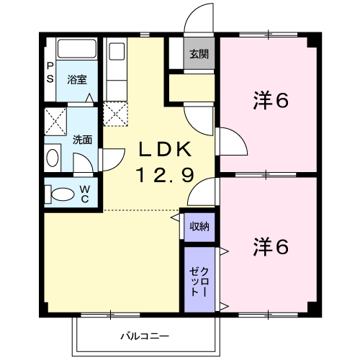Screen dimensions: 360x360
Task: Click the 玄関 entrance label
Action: click(199, 54)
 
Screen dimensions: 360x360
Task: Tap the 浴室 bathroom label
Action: click(77, 79)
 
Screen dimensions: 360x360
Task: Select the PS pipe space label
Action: click(50, 73)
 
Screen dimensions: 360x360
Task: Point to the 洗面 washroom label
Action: click(82, 140)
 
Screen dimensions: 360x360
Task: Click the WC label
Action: click(85, 194)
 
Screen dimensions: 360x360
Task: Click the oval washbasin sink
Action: click(53, 158)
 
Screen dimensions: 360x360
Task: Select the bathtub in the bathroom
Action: click(77, 49)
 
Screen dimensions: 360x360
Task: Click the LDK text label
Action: click(166, 149)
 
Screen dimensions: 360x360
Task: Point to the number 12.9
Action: click(165, 175)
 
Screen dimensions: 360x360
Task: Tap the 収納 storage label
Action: click(199, 226)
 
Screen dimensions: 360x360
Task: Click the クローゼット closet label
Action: click(199, 282)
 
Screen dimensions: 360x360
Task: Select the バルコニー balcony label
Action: click(145, 336)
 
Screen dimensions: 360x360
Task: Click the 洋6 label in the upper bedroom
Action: click(271, 100)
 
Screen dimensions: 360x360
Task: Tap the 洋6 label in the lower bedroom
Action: click(271, 246)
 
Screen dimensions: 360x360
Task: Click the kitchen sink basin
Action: click(117, 51)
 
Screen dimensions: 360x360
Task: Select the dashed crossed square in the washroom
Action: click(55, 121)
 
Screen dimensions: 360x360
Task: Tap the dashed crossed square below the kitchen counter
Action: click(115, 114)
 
